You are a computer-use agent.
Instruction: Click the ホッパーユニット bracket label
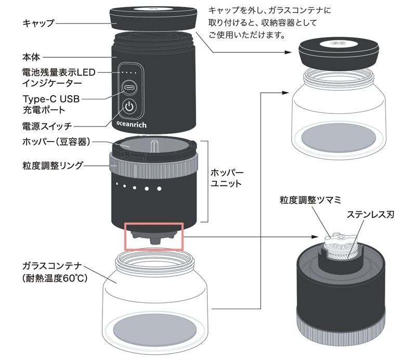point(227,178)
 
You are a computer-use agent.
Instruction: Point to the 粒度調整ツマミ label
point(310,199)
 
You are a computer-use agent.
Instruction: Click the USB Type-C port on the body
point(129,87)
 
